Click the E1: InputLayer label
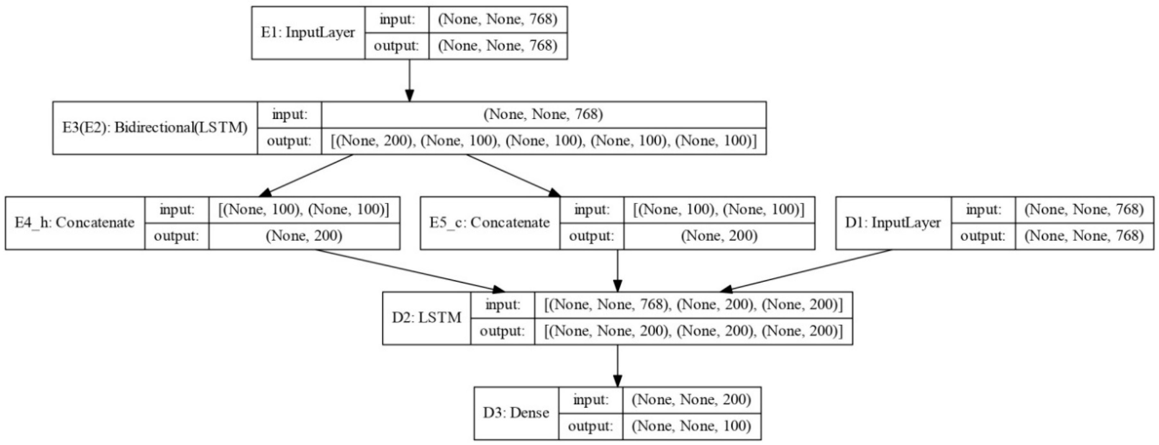308,33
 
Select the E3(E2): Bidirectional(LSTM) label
155,128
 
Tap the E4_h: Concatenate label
75,223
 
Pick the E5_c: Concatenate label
490,223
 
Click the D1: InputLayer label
893,223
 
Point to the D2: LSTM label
427,318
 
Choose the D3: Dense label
516,413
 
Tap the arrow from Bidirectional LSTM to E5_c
513,175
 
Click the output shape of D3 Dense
691,426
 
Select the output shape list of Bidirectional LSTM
543,141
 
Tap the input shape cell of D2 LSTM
693,304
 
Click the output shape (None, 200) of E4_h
304,236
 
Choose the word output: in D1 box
983,236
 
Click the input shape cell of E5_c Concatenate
719,210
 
